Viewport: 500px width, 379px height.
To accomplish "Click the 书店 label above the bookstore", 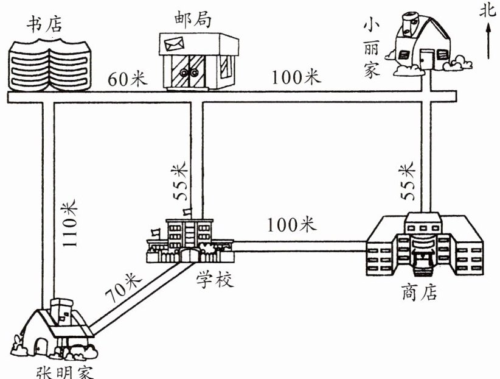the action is click(44, 24).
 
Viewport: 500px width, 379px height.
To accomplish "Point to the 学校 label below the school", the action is click(215, 279).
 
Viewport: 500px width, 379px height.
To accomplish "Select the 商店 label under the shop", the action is click(419, 291).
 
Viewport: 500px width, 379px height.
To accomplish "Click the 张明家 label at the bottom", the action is click(64, 373).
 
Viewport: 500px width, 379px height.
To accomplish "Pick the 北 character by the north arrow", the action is click(488, 10).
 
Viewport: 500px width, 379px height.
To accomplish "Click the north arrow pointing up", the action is click(488, 41).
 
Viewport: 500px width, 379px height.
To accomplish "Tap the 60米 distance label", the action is click(128, 79).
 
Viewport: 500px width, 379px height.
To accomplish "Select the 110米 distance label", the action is click(69, 223).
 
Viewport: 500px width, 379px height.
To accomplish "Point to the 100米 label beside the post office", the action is click(296, 77).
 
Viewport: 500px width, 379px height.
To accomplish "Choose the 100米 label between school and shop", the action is click(292, 224).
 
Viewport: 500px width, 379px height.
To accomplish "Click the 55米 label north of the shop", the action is click(408, 181).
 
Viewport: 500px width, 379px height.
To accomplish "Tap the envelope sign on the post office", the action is click(174, 44).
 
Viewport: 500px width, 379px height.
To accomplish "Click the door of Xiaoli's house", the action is click(426, 60).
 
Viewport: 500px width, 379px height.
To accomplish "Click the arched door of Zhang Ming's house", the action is click(41, 346).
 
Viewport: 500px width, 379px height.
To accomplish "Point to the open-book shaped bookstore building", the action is click(50, 65).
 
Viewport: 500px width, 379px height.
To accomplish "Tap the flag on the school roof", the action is click(187, 211).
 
